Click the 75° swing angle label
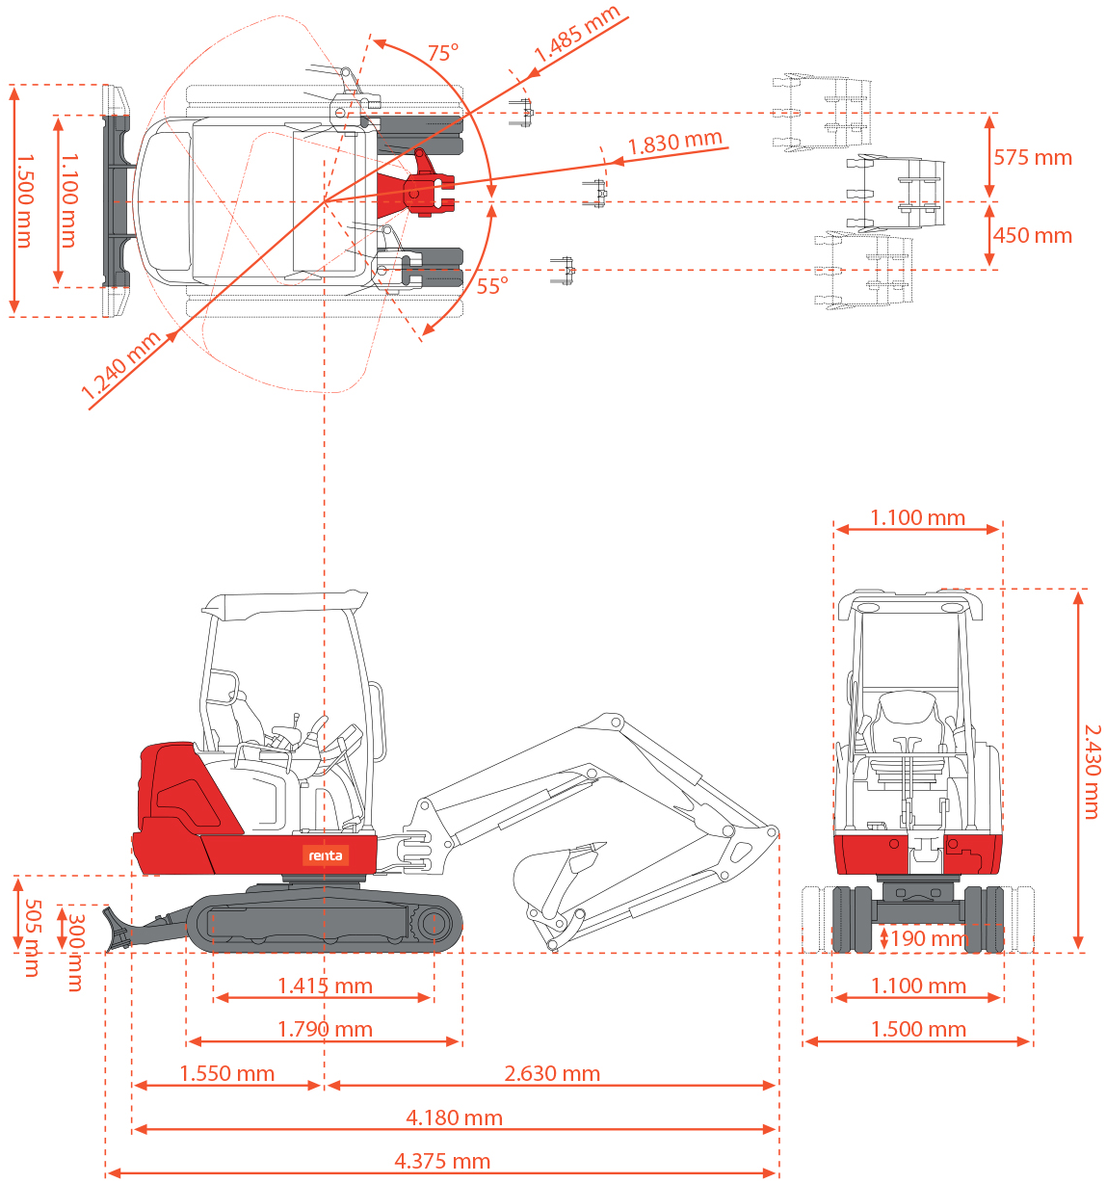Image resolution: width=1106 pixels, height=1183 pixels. [442, 53]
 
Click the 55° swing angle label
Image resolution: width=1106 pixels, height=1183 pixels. [491, 286]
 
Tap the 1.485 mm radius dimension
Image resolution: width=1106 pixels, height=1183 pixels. [576, 37]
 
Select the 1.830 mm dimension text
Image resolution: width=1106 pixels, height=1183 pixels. [674, 144]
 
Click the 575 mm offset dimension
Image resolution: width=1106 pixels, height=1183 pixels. [1032, 158]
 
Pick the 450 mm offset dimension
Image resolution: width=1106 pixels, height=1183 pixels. [1032, 236]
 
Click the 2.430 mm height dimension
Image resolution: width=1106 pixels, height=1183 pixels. [1092, 772]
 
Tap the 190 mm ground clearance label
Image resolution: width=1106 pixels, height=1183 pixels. [928, 939]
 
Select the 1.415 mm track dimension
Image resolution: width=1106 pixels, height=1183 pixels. [325, 986]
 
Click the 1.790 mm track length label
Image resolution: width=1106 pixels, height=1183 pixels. [325, 1030]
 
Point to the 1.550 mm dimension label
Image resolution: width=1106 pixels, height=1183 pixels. [226, 1074]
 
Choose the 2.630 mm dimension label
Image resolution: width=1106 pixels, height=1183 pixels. [552, 1074]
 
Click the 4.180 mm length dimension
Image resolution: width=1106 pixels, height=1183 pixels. [454, 1118]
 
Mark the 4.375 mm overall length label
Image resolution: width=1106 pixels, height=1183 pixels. [442, 1162]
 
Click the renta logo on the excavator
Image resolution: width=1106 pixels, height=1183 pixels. [326, 855]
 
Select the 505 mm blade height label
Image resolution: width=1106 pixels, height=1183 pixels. [31, 937]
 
